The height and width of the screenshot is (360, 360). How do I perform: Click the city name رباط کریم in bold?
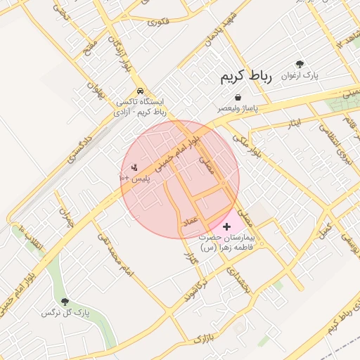pyautogui.click(x=245, y=75)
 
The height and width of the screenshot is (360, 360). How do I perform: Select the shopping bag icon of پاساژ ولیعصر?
pyautogui.click(x=238, y=97)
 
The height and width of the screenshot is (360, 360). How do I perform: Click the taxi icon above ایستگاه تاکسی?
pyautogui.click(x=141, y=91)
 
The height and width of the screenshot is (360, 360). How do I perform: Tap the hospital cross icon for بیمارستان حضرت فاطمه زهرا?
pyautogui.click(x=226, y=226)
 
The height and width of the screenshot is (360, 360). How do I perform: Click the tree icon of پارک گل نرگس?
pyautogui.click(x=65, y=302)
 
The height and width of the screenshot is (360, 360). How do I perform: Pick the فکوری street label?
pyautogui.click(x=159, y=22)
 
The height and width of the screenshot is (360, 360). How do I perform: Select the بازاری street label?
pyautogui.click(x=202, y=338)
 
